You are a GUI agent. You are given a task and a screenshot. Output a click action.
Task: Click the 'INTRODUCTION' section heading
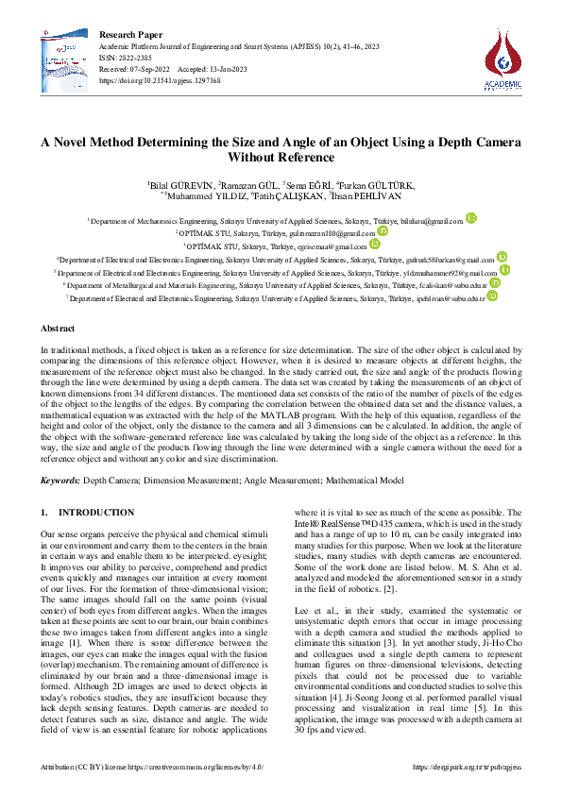(x=96, y=512)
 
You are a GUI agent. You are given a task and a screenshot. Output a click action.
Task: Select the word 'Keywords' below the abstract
(x=60, y=481)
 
